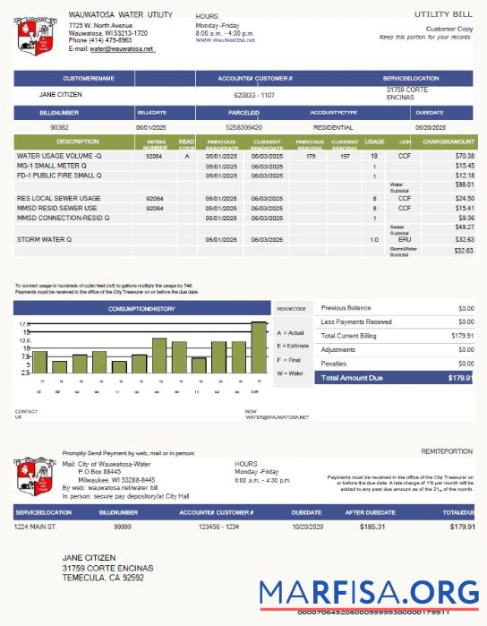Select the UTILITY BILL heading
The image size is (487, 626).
pos(444,15)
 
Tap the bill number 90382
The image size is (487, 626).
pos(60,128)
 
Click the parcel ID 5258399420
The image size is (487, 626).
pos(244,128)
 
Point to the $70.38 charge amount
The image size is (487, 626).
pos(464,156)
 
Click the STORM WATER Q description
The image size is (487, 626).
pos(44,240)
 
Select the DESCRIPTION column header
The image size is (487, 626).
pos(77,141)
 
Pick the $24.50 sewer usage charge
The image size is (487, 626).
pos(464,198)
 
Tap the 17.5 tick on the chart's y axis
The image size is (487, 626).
pos(25,323)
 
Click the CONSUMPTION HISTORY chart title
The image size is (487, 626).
pos(141,309)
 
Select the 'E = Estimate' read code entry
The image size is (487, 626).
pos(294,346)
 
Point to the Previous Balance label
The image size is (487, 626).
pos(346,307)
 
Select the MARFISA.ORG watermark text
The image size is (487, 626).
pos(369,593)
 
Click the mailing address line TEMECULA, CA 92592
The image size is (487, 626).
pos(103,578)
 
